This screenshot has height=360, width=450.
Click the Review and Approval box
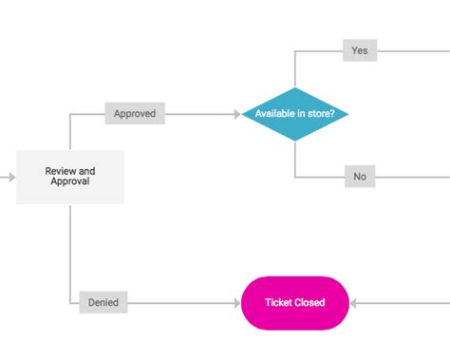[70, 177]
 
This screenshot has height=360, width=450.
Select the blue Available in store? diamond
[295, 114]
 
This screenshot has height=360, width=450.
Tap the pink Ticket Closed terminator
[295, 303]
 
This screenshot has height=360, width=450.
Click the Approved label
[135, 114]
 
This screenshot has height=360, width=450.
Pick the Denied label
[103, 303]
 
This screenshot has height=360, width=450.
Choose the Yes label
[359, 50]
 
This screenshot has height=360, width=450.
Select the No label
[359, 177]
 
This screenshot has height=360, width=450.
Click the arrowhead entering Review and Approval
[11, 177]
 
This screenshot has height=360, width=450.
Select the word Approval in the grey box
[70, 181]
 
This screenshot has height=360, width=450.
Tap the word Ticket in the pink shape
[279, 303]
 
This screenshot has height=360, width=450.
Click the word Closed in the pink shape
[309, 303]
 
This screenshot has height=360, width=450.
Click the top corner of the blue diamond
[295, 88]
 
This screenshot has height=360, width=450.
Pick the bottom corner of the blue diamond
[295, 140]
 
